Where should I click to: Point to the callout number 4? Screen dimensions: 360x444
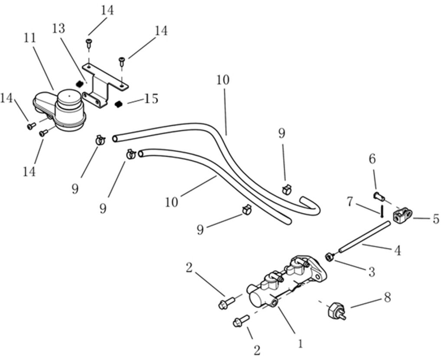click(397, 250)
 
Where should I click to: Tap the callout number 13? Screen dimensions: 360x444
click(59, 29)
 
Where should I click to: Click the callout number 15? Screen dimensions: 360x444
click(151, 99)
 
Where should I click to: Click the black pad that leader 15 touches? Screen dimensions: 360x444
click(118, 104)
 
